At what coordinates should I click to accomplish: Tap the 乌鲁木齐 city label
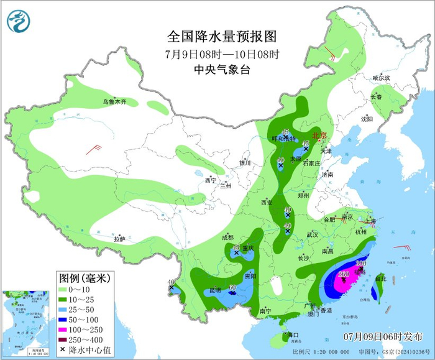114,101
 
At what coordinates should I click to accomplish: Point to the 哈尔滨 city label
381,78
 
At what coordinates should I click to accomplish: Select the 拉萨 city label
119,239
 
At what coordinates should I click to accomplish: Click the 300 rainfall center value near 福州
360,264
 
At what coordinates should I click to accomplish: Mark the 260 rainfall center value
343,274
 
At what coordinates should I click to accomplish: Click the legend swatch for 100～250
63,330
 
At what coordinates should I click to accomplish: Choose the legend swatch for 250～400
63,340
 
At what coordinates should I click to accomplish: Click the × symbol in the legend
63,351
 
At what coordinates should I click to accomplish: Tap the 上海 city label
370,220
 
